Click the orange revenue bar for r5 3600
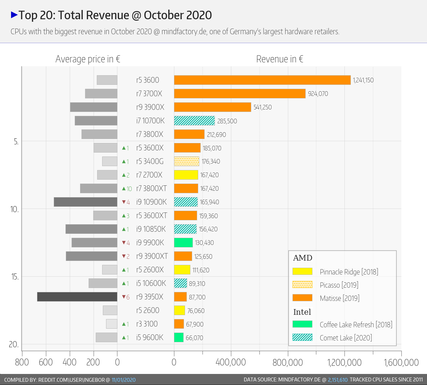[262, 80]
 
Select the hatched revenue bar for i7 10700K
[194, 120]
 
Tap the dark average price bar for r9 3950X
[77, 297]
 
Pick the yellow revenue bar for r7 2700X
[186, 175]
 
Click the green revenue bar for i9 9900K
[183, 242]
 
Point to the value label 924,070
[318, 94]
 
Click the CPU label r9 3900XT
[152, 256]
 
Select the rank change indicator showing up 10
[127, 189]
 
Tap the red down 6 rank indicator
[126, 297]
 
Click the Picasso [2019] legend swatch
[302, 284]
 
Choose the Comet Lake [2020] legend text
[346, 338]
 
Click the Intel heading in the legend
[302, 312]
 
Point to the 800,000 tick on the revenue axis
[288, 363]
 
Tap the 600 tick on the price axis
[46, 363]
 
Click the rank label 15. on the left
[15, 277]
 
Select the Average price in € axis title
[88, 59]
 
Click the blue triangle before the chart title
[14, 15]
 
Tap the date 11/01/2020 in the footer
[123, 380]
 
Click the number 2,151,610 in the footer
[338, 380]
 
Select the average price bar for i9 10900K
[85, 202]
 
